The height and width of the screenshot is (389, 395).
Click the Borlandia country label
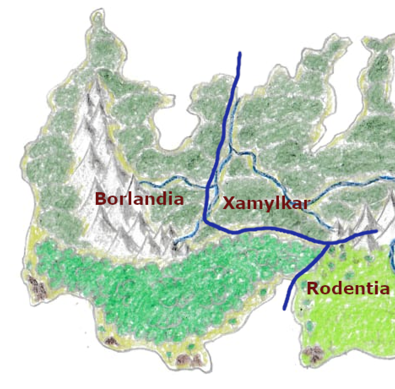139,199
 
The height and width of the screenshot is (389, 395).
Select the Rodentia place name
348,289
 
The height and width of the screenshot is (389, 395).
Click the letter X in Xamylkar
229,204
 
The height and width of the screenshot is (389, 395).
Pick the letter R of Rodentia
313,289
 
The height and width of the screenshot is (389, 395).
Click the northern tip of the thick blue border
240,53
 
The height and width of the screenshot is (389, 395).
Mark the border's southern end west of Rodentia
284,309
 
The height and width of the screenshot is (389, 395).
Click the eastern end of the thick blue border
376,231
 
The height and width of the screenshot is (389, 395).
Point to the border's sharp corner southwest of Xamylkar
205,220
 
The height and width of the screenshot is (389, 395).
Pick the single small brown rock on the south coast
111,340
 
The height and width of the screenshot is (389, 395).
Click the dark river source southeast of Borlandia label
175,245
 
